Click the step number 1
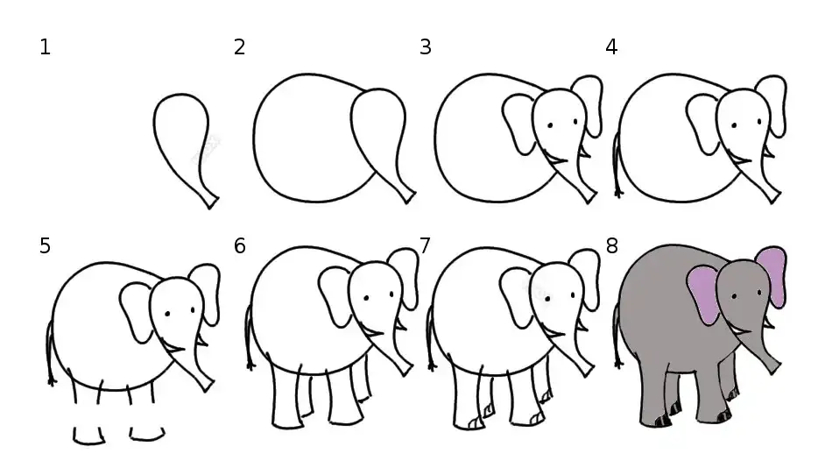[45, 47]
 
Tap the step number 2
[239, 47]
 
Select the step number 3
[425, 47]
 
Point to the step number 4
[611, 47]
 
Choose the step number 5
[45, 245]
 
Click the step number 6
[239, 245]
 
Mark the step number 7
[425, 245]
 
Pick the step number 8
[611, 245]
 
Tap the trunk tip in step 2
[408, 197]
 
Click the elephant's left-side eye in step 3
[550, 125]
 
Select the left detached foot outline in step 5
[88, 436]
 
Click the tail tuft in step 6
[251, 365]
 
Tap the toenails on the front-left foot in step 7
[476, 423]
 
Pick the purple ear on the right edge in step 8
[772, 276]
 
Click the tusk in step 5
[202, 342]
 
